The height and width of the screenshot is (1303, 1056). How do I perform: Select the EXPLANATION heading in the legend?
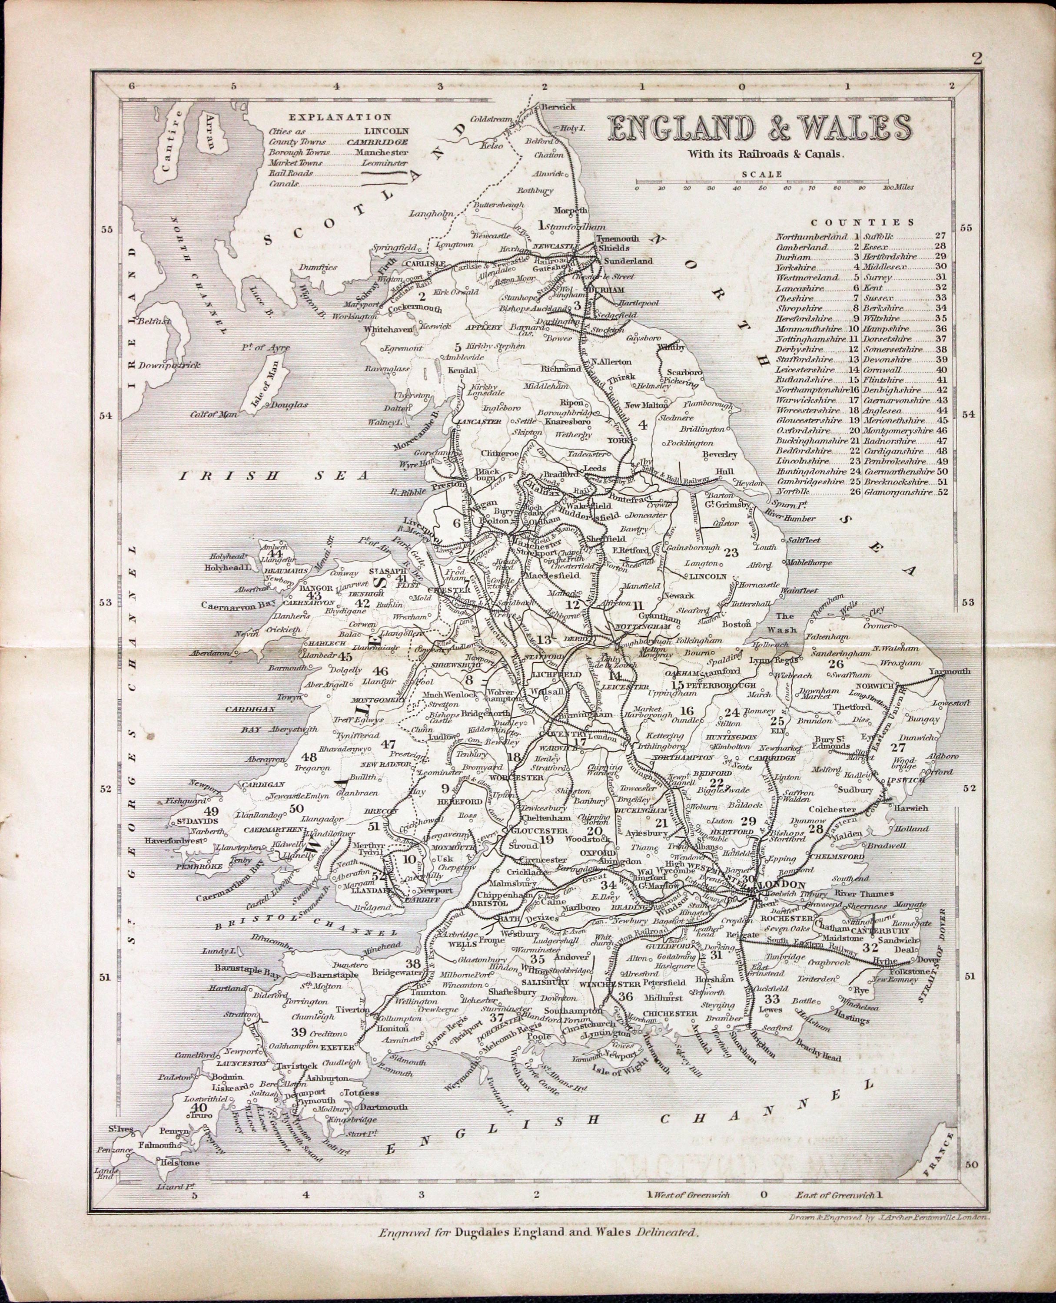(x=339, y=117)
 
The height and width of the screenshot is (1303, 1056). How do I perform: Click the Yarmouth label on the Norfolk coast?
(x=949, y=671)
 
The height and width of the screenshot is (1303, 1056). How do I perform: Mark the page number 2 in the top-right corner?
(x=977, y=58)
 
